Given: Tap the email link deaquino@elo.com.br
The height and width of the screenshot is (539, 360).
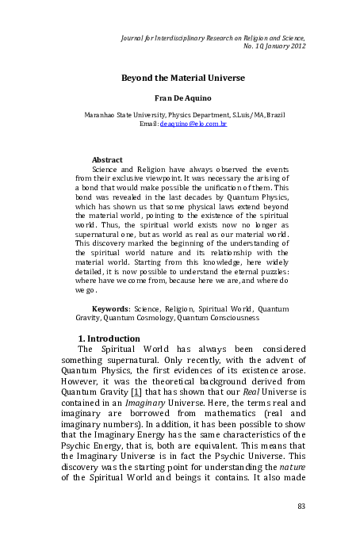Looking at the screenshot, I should point(193,125).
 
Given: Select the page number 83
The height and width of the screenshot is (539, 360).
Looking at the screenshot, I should point(301,506).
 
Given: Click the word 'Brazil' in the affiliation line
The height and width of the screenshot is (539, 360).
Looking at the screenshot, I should point(269,116).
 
